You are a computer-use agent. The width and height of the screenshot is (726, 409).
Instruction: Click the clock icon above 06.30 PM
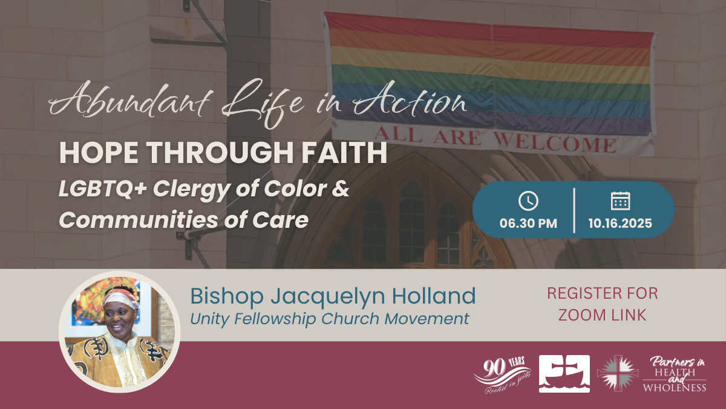pos(528,201)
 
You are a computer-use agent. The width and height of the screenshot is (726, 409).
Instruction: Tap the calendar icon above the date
pos(620,201)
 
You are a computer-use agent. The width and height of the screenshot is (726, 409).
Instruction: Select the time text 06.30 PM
pos(528,224)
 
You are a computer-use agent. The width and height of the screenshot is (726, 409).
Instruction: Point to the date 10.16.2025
pos(620,224)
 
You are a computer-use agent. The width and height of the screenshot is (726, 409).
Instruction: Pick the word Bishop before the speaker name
pos(227,296)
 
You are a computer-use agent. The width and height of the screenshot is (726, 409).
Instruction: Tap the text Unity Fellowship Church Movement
pos(330,319)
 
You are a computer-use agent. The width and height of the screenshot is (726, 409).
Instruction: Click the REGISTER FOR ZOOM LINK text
pos(603,304)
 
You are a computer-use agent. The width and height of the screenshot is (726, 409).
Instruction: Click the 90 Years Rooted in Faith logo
pos(502,375)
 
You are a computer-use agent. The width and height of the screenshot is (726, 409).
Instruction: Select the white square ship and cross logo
pos(564,374)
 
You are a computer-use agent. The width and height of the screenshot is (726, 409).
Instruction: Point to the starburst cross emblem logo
pos(618,374)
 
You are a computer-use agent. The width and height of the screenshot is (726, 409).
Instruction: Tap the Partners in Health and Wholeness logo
pos(675,374)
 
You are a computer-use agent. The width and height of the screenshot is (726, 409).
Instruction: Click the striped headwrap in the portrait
pos(120,297)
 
